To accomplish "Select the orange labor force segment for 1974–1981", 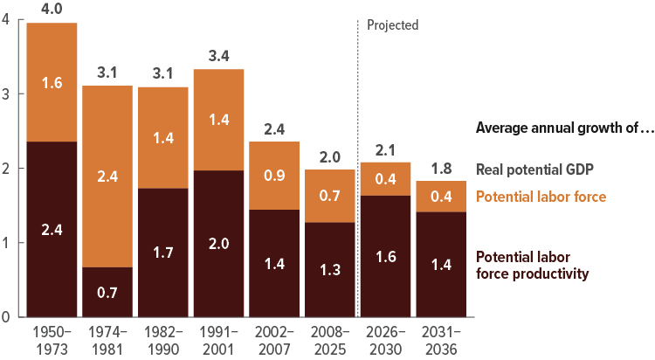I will (108, 176).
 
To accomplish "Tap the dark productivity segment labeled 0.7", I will (108, 292).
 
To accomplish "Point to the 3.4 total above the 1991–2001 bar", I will (219, 56).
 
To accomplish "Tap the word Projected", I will (392, 25).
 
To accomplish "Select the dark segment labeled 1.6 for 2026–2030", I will (386, 256).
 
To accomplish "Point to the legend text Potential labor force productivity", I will (532, 265).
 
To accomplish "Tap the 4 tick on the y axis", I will (6, 20).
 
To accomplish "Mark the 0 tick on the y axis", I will (6, 317).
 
